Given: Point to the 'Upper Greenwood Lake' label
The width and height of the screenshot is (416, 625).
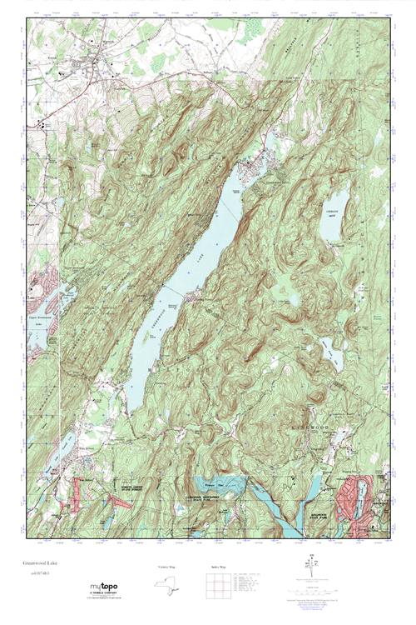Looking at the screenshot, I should point(41,321).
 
